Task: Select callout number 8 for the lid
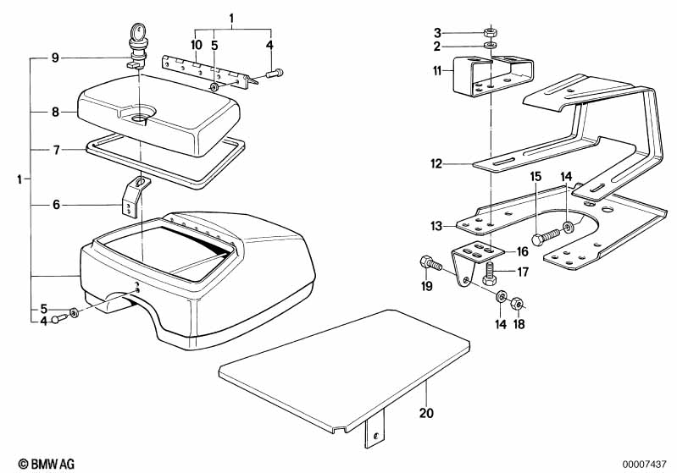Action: click(x=55, y=112)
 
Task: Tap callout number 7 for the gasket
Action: click(x=56, y=150)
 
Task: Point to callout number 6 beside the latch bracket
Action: click(x=56, y=205)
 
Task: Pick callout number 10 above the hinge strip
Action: click(x=196, y=45)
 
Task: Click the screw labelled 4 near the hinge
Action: click(x=275, y=74)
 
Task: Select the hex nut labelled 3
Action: click(x=490, y=32)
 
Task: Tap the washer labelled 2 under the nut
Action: click(x=490, y=46)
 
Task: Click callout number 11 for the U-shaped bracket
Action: click(x=437, y=71)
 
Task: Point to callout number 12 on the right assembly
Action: click(x=436, y=164)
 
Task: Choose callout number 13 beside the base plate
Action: click(x=436, y=226)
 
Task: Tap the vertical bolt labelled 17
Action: click(x=489, y=273)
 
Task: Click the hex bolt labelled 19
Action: click(x=430, y=263)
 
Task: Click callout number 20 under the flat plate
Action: click(x=426, y=413)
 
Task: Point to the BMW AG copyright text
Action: click(x=47, y=464)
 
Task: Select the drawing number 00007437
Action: click(x=644, y=464)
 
